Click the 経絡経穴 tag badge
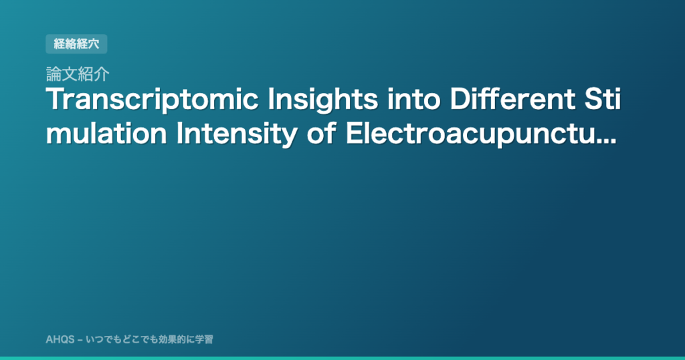[76, 43]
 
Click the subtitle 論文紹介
[78, 74]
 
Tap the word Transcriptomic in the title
[152, 100]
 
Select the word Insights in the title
[323, 100]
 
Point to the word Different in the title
[512, 99]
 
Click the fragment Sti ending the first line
[602, 99]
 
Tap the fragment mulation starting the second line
[106, 134]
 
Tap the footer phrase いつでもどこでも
[122, 339]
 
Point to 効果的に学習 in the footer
[186, 339]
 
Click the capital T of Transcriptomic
[56, 99]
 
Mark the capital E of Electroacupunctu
[354, 134]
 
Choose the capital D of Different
[460, 99]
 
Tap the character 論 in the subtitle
[54, 74]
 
